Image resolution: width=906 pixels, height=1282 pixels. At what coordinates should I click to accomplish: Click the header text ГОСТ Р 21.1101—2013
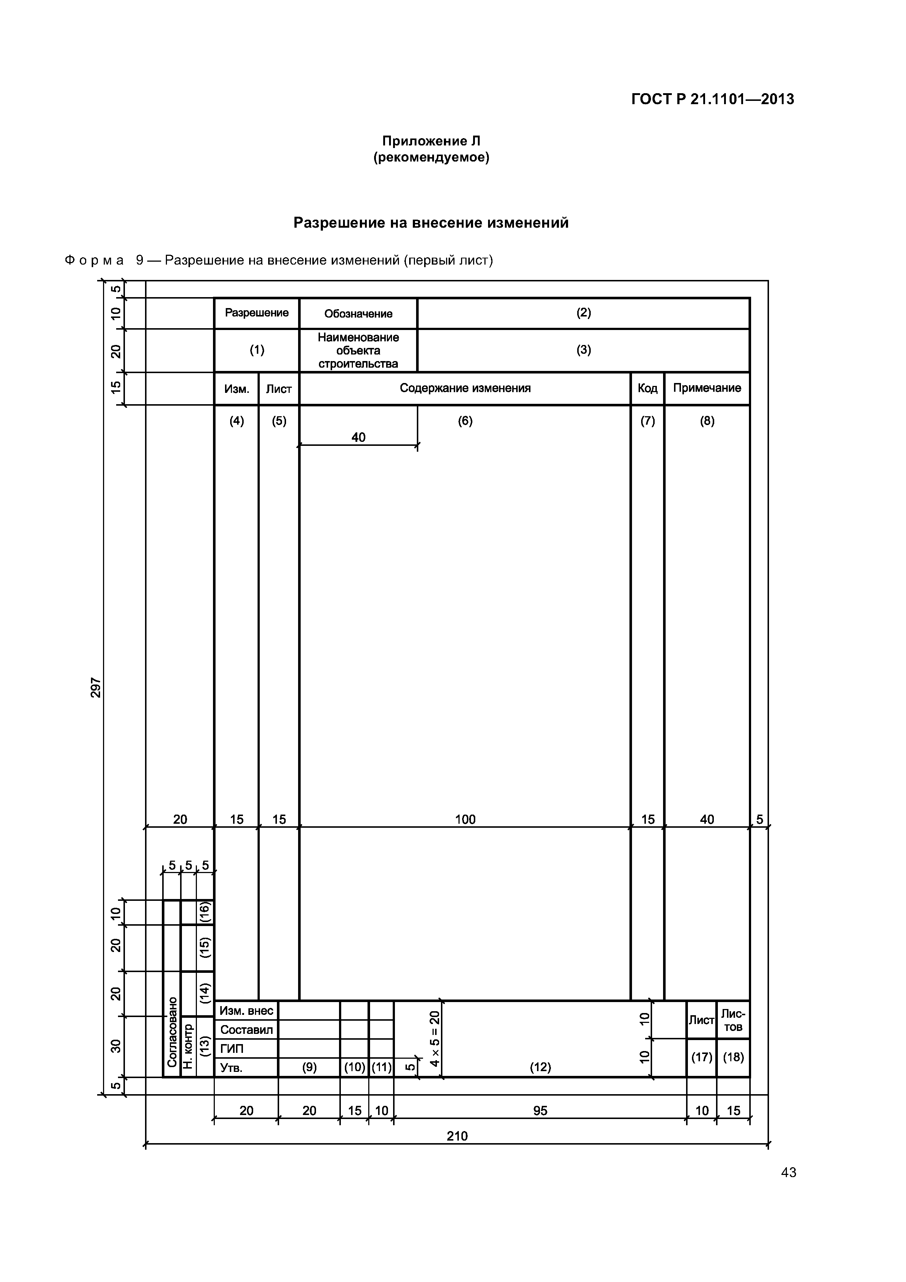pos(712,99)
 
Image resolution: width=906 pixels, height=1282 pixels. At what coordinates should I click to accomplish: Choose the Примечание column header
pos(707,388)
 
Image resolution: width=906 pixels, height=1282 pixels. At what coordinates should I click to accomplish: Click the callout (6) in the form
pos(465,421)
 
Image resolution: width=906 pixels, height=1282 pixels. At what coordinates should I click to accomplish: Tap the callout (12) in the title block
pos(540,1067)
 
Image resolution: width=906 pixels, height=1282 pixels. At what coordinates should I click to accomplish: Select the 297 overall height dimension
pos(96,687)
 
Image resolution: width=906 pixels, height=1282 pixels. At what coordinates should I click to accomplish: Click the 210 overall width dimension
pos(457,1136)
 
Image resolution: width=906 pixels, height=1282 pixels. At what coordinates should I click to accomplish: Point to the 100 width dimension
pos(465,819)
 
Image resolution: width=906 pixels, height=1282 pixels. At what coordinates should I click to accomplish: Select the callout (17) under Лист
pos(701,1057)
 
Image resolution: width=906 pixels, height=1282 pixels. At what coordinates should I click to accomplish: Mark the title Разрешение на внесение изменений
pos(431,223)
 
